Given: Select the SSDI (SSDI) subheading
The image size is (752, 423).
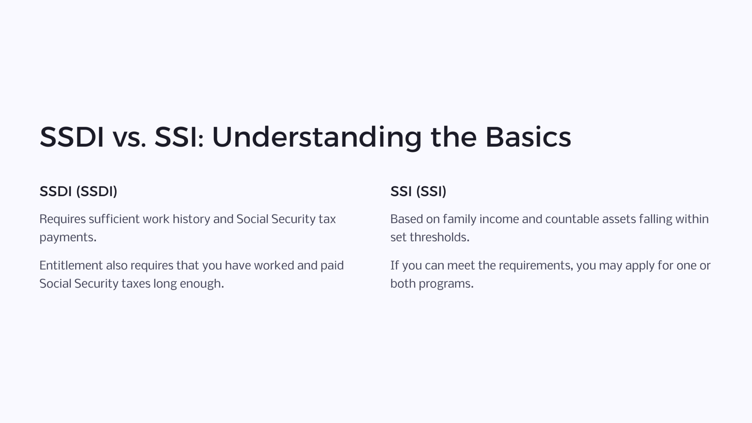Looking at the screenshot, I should [78, 191].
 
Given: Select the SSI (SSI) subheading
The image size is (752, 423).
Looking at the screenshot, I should [418, 191].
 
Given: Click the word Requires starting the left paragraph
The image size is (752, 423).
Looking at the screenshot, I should [62, 219].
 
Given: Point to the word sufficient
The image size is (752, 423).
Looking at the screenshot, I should [114, 219].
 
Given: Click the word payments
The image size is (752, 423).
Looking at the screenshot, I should [68, 238].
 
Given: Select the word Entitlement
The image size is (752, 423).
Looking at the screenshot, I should [71, 265].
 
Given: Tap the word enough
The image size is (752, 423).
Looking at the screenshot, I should [202, 284].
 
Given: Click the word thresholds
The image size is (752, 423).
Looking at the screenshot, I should [440, 238].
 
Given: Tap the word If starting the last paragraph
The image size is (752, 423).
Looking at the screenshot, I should [394, 265].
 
